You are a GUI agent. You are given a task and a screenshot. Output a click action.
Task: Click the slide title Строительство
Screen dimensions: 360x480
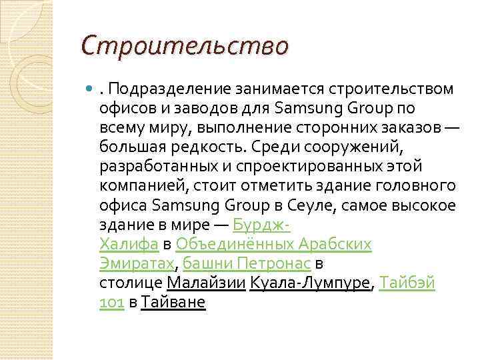pyautogui.click(x=185, y=46)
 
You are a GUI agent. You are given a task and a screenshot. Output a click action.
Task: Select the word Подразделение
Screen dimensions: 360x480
pyautogui.click(x=157, y=89)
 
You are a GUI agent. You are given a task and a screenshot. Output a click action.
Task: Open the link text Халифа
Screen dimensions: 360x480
pyautogui.click(x=129, y=244)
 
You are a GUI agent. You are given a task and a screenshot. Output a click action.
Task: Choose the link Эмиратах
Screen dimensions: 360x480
pyautogui.click(x=136, y=263)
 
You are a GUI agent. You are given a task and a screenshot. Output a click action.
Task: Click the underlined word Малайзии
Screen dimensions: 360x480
pyautogui.click(x=207, y=283)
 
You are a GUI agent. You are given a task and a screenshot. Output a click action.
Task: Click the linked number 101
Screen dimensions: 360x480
pyautogui.click(x=111, y=302)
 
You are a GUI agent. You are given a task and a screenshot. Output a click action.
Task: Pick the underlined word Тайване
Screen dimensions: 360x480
pyautogui.click(x=173, y=302)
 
